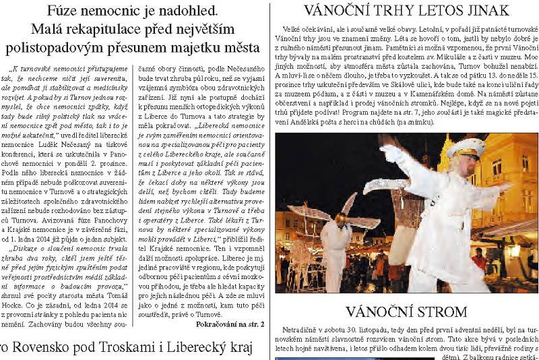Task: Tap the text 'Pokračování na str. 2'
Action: tap(230, 324)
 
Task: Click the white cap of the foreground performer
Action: tap(466, 145)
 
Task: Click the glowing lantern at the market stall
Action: tap(513, 251)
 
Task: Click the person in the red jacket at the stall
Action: tap(479, 259)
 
